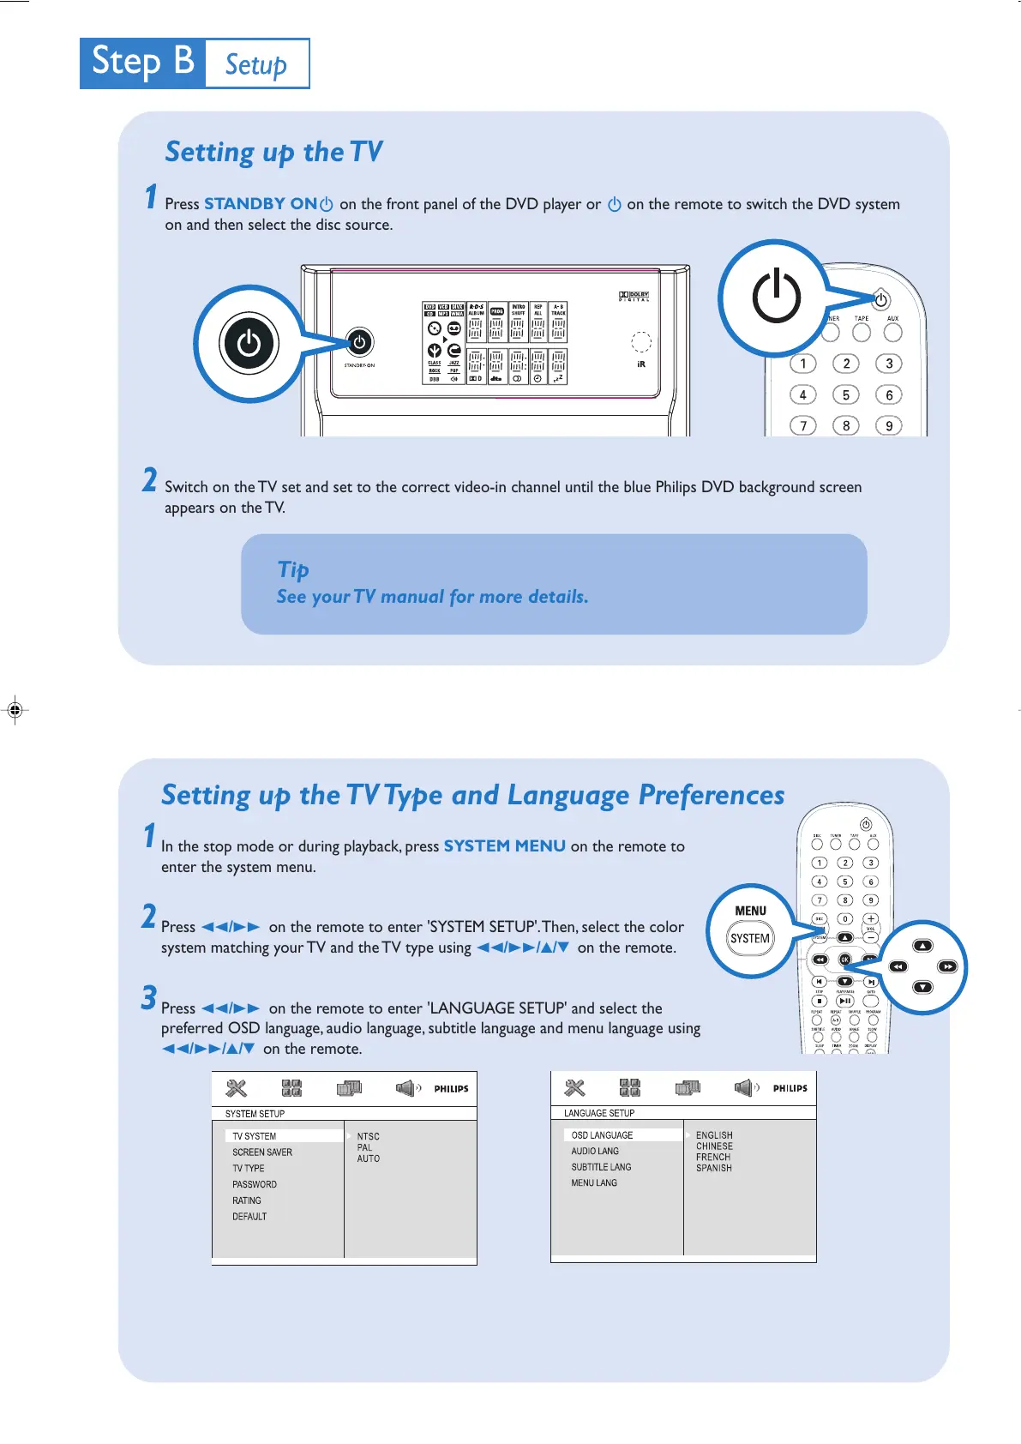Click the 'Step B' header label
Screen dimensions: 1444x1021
pyautogui.click(x=142, y=63)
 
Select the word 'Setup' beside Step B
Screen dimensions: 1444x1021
pyautogui.click(x=255, y=64)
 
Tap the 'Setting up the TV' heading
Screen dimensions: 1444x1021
pyautogui.click(x=273, y=152)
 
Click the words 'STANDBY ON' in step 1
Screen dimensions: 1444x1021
pyautogui.click(x=261, y=204)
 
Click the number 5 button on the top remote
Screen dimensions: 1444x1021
pyautogui.click(x=846, y=394)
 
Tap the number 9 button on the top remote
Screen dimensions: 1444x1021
pyautogui.click(x=889, y=425)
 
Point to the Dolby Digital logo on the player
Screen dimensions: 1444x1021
pyautogui.click(x=634, y=296)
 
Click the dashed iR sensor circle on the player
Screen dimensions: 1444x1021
pyautogui.click(x=641, y=341)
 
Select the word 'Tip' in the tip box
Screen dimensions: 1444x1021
pyautogui.click(x=293, y=569)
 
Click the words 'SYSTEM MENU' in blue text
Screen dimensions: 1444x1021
pyautogui.click(x=504, y=846)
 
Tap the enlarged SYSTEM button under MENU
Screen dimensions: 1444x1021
pyautogui.click(x=750, y=938)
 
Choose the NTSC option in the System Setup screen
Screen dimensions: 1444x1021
pyautogui.click(x=369, y=1136)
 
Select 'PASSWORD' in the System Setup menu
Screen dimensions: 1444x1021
pyautogui.click(x=255, y=1184)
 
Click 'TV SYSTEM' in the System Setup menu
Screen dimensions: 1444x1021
pyautogui.click(x=255, y=1136)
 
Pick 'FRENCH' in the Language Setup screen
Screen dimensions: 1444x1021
pyautogui.click(x=713, y=1157)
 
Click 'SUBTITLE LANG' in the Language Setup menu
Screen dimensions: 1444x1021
pyautogui.click(x=601, y=1167)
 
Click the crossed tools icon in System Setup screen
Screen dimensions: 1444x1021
pyautogui.click(x=236, y=1088)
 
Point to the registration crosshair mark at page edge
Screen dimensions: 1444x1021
pyautogui.click(x=15, y=709)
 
